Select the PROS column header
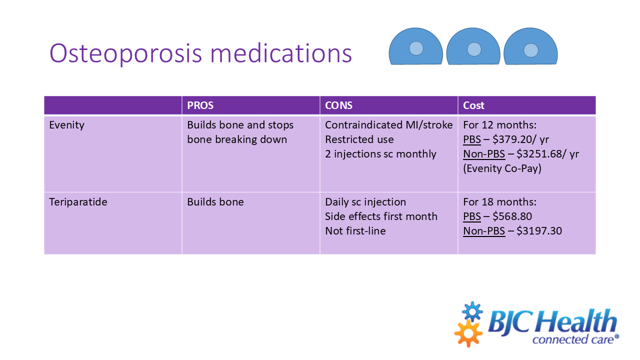coord(200,105)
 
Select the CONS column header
coord(338,105)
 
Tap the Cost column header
coord(473,105)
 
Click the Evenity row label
coord(66,125)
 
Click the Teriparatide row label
coord(78,202)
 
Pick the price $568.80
coord(512,216)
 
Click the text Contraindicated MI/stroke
coord(388,125)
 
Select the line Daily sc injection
coord(365,202)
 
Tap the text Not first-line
coord(355,231)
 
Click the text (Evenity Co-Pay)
coord(502,168)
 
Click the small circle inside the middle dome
coord(474,49)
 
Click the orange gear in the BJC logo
coord(468,333)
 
